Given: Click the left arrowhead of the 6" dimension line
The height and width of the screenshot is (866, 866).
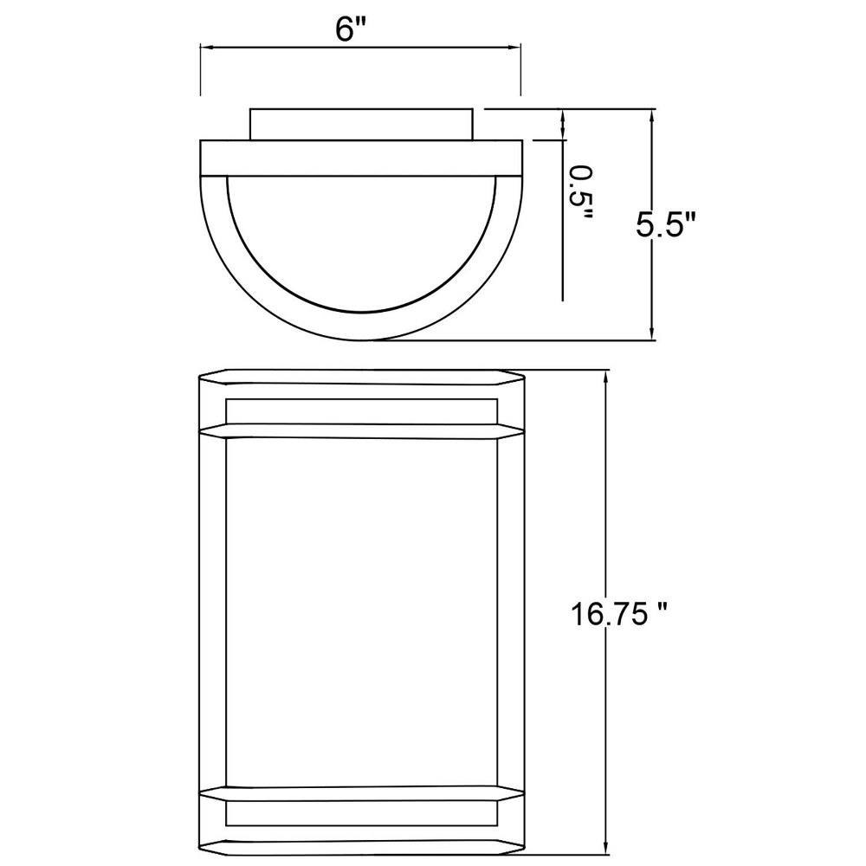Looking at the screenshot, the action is pos(207,48).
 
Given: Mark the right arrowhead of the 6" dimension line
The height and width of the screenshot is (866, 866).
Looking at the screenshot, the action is pos(514,48).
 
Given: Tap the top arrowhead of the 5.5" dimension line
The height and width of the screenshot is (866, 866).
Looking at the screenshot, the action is pos(652,116).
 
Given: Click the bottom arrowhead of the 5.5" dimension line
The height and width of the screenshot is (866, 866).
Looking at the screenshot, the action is pos(652,333).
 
